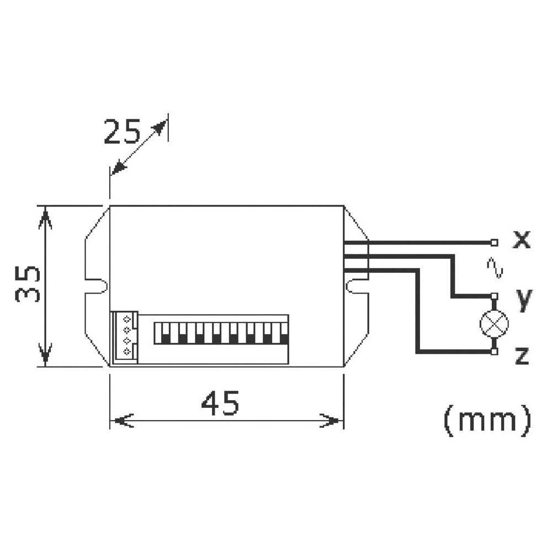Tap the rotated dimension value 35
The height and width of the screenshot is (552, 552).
tap(28, 284)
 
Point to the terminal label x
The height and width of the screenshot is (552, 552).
tap(521, 240)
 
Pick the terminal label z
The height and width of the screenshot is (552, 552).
tap(522, 356)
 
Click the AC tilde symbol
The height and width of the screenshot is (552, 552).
tap(495, 268)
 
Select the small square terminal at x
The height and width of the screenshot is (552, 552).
tap(494, 242)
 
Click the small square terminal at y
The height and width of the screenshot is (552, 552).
tap(494, 296)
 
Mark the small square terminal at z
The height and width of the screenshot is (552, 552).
tap(494, 351)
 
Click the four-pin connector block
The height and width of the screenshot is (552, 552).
tap(124, 337)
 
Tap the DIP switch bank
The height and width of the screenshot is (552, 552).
tap(221, 333)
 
